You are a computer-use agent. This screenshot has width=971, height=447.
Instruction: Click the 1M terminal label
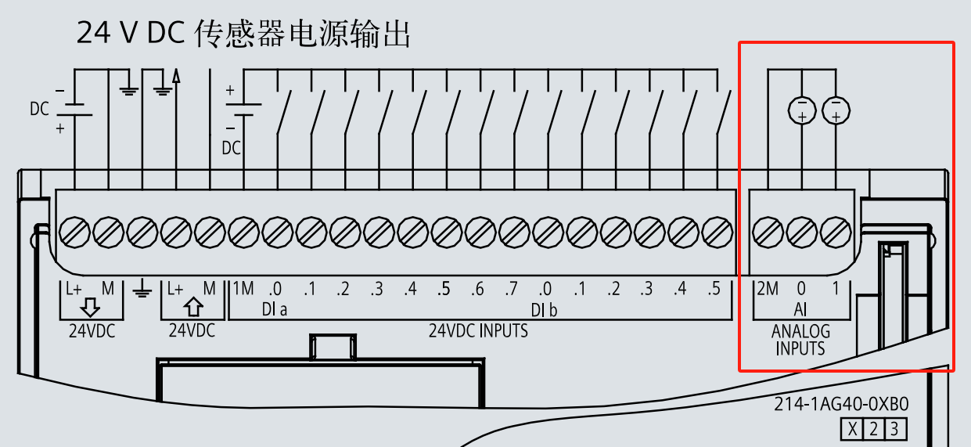click(243, 289)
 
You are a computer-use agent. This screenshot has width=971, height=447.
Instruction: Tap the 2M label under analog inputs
click(768, 289)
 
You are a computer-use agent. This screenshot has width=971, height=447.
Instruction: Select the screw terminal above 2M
click(768, 231)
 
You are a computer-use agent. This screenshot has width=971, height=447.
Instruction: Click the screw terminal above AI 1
click(836, 231)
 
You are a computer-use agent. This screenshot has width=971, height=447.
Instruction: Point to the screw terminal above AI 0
click(802, 231)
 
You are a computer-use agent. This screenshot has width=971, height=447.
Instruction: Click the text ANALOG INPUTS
click(800, 340)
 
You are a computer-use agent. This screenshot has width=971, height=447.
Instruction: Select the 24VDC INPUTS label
click(478, 331)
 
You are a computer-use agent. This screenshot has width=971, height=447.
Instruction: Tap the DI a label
click(274, 310)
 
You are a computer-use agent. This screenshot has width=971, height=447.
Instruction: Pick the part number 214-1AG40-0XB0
click(841, 405)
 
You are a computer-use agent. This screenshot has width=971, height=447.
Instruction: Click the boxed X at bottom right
click(852, 429)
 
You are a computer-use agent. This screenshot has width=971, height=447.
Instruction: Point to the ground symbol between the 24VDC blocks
click(142, 291)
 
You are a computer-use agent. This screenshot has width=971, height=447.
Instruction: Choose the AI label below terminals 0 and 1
click(800, 309)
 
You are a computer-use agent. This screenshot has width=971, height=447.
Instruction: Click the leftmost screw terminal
click(74, 231)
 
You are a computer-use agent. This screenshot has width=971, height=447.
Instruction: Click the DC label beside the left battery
click(39, 110)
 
